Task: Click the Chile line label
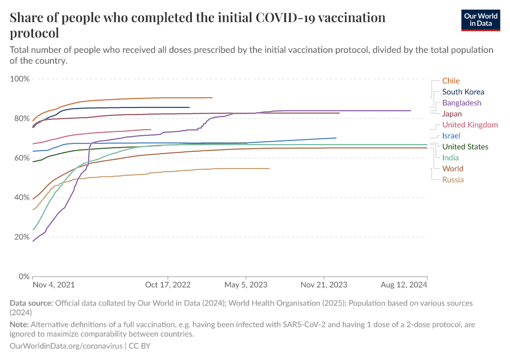[x=451, y=81]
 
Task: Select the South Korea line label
[x=463, y=92]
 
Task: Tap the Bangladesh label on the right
[x=461, y=103]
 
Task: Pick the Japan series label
[x=451, y=114]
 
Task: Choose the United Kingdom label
[x=470, y=125]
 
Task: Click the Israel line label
[x=451, y=136]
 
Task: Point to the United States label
[x=465, y=147]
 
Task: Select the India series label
[x=450, y=158]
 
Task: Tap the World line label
[x=452, y=169]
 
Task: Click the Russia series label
[x=452, y=179]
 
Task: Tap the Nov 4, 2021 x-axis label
[x=54, y=285]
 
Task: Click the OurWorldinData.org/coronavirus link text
[x=66, y=346]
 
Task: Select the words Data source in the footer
[x=31, y=304]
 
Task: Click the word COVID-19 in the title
[x=292, y=17]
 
